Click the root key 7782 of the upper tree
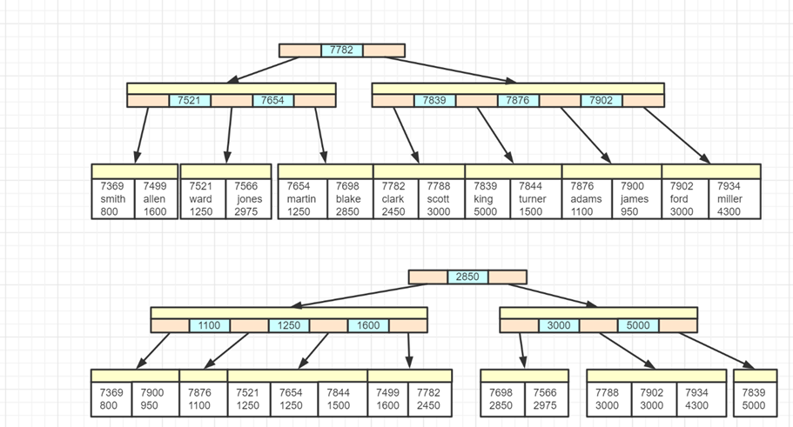pyautogui.click(x=342, y=50)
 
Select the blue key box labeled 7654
pyautogui.click(x=273, y=101)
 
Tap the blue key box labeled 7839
pyautogui.click(x=434, y=101)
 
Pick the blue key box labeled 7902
pyautogui.click(x=601, y=101)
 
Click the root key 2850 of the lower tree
pyautogui.click(x=467, y=277)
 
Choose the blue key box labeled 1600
pyautogui.click(x=368, y=326)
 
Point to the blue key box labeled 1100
pyautogui.click(x=209, y=326)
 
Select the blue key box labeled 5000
pyautogui.click(x=638, y=326)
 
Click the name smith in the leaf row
pyautogui.click(x=113, y=199)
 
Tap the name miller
pyautogui.click(x=729, y=199)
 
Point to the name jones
pyautogui.click(x=249, y=199)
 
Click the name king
pyautogui.click(x=483, y=199)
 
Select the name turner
pyautogui.click(x=533, y=199)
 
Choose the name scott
pyautogui.click(x=439, y=199)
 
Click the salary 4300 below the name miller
pyautogui.click(x=729, y=211)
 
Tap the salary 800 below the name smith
pyautogui.click(x=109, y=211)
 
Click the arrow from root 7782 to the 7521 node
pyautogui.click(x=261, y=70)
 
